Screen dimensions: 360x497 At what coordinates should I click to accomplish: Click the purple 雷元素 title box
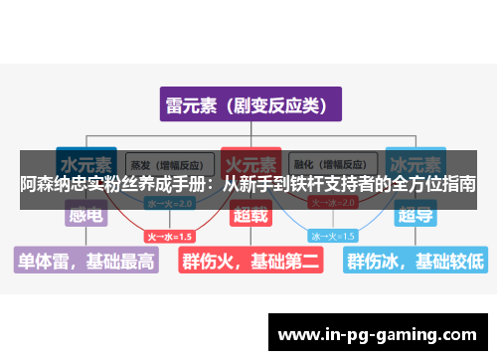249,104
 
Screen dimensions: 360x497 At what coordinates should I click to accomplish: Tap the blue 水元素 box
83,162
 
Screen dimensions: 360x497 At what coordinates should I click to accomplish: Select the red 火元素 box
249,162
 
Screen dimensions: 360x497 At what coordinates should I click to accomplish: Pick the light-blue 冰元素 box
415,162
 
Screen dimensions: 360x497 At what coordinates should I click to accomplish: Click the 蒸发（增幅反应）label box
166,163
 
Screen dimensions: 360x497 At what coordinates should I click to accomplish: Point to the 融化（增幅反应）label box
332,163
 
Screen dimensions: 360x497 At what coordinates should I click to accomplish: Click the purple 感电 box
83,214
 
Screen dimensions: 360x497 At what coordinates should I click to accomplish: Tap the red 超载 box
249,214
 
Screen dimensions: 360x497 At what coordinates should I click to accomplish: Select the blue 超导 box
415,214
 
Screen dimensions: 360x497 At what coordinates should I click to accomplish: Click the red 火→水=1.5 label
170,237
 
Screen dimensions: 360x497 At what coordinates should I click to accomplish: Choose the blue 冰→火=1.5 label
333,237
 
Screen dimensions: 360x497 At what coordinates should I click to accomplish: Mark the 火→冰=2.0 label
332,203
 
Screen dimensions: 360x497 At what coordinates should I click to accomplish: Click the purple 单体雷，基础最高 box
85,261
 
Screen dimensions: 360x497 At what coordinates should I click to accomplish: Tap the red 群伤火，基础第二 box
249,261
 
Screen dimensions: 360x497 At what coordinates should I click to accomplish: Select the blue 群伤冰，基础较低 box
414,261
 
